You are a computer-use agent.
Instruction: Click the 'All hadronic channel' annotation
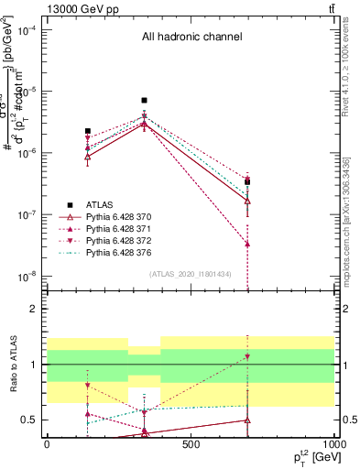coord(191,38)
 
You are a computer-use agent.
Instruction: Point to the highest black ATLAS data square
coord(144,100)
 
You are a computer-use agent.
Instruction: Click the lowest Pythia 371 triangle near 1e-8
coord(248,244)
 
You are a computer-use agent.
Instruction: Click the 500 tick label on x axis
coord(191,444)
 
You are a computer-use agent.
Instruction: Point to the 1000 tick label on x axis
coord(333,444)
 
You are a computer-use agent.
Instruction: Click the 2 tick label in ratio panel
coord(33,309)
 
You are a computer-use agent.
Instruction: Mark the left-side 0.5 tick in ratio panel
coord(30,420)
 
